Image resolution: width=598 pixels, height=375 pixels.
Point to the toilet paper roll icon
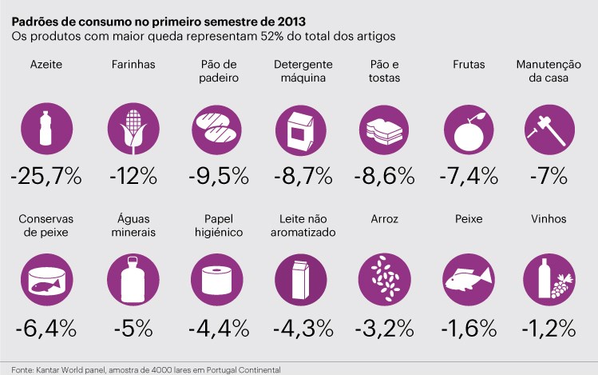[214, 279]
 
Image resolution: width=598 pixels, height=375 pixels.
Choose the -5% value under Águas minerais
[131, 328]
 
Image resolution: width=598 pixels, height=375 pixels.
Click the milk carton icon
[298, 280]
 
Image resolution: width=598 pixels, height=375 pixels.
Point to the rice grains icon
[382, 280]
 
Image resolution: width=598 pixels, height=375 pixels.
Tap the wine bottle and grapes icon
[548, 280]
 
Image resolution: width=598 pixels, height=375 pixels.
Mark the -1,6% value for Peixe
[466, 328]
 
